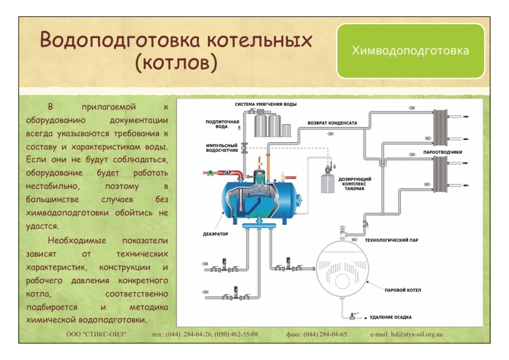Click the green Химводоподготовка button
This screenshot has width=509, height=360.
(410, 51)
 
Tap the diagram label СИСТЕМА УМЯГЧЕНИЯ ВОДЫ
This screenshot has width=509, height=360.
(265, 104)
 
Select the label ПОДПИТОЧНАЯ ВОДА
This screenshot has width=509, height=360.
(222, 124)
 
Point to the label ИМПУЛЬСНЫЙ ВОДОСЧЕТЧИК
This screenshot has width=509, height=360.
(222, 148)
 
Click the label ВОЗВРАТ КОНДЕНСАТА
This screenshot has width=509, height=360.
(332, 123)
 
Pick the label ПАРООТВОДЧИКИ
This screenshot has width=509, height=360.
(443, 152)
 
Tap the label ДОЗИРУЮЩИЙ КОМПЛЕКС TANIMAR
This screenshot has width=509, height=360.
(354, 184)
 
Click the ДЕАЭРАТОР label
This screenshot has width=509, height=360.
(216, 234)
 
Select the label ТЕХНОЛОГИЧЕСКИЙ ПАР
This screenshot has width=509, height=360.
(392, 240)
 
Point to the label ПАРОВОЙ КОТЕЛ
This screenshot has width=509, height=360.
(403, 290)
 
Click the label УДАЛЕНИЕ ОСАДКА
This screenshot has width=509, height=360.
(391, 317)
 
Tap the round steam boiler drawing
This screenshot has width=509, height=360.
(343, 268)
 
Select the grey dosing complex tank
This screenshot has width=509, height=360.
(328, 184)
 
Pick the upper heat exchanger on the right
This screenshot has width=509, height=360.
(440, 128)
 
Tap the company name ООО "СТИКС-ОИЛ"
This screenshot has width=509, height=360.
(96, 334)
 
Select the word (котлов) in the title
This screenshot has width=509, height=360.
(176, 62)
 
